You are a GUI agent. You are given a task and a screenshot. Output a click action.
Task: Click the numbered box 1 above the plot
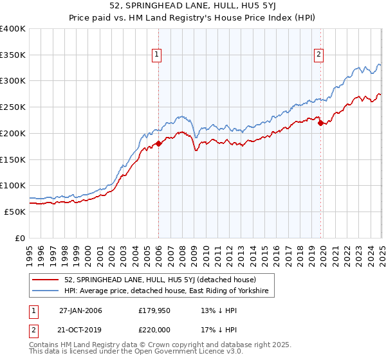[158, 55]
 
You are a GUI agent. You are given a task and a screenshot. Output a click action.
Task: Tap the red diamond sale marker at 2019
[321, 123]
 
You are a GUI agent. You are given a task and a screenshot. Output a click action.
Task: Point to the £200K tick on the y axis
[13, 133]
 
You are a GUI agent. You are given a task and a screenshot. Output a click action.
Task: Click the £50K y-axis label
[15, 212]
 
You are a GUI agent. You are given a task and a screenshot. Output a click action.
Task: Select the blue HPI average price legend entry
[169, 291]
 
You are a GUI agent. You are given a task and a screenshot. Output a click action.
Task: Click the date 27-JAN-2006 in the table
[80, 310]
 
